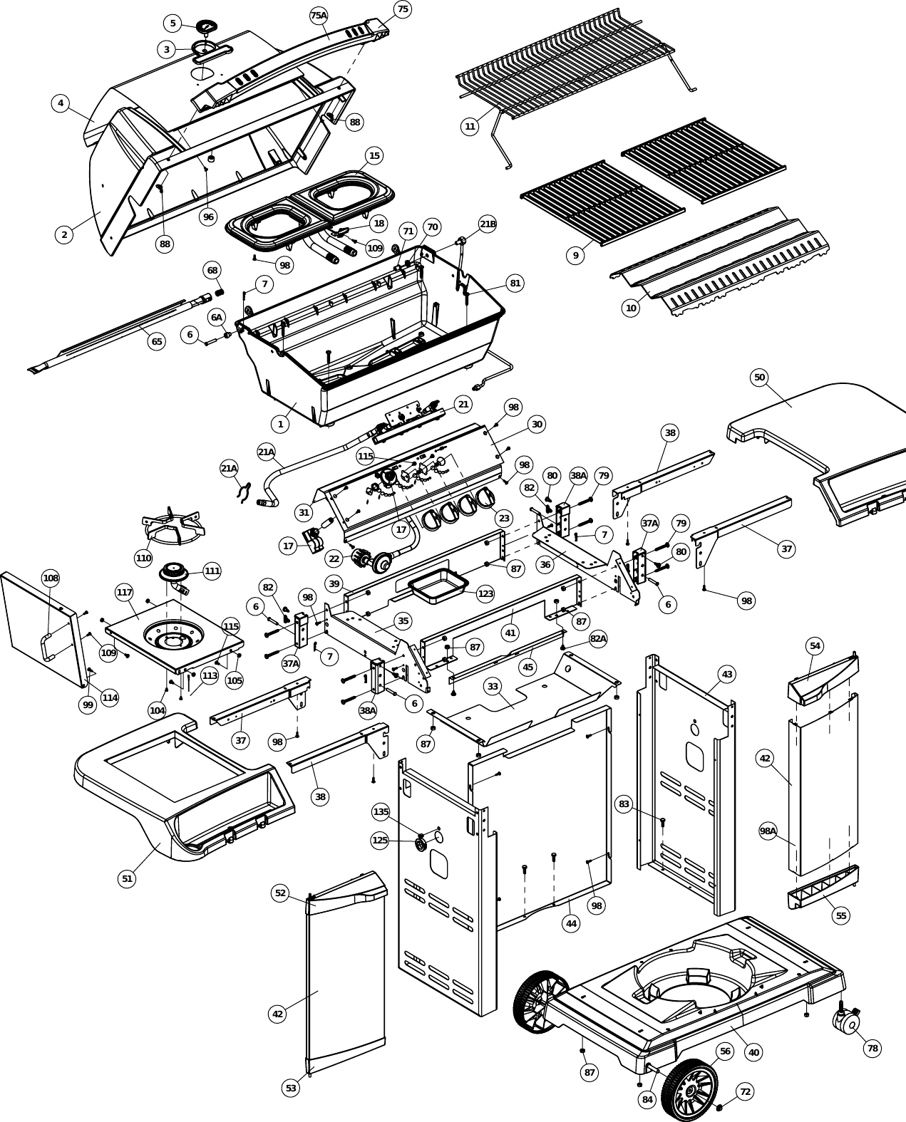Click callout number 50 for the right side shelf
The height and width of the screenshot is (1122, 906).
[759, 378]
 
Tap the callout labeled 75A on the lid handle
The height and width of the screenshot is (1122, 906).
[319, 15]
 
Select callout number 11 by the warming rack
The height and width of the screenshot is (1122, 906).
[470, 127]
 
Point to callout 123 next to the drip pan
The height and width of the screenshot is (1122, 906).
[485, 593]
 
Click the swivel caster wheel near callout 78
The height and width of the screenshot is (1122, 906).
[848, 1024]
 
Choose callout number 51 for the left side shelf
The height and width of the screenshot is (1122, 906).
[127, 878]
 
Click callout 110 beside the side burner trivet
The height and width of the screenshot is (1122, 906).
[143, 558]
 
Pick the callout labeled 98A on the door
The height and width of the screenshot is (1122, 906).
[768, 831]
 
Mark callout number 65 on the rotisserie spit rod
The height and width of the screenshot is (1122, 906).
[156, 341]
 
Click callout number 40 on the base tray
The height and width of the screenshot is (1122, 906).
[753, 1052]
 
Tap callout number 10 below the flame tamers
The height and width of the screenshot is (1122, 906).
[631, 308]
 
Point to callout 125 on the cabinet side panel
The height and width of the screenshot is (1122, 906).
[380, 841]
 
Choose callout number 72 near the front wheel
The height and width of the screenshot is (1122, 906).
[745, 1091]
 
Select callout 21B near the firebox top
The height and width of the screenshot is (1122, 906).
[488, 224]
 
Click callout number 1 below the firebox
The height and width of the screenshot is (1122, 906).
[280, 424]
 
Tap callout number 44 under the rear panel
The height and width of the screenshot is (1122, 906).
[571, 923]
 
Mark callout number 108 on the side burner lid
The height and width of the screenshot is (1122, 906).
[51, 578]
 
